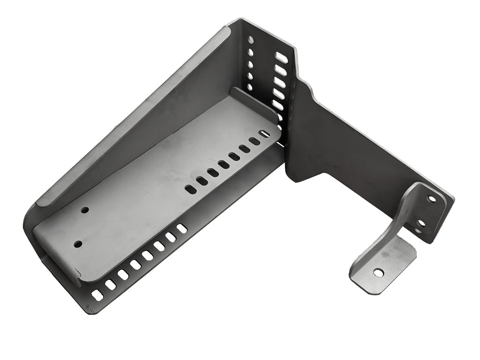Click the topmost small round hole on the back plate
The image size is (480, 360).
pyautogui.click(x=251, y=40)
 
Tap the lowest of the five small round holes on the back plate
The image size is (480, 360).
pyautogui.click(x=249, y=87)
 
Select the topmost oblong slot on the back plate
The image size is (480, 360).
pyautogui.click(x=281, y=58)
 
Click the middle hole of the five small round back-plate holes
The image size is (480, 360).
pyautogui.click(x=250, y=64)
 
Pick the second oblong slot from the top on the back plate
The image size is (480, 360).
pyautogui.click(x=280, y=70)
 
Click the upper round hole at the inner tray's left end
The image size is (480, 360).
pyautogui.click(x=85, y=210)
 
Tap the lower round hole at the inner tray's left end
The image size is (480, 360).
pyautogui.click(x=78, y=244)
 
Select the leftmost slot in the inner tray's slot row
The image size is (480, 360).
pyautogui.click(x=191, y=189)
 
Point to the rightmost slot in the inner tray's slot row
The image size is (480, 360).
pyautogui.click(x=264, y=135)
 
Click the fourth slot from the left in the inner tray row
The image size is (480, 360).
pyautogui.click(x=224, y=165)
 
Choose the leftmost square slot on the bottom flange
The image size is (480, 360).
pyautogui.click(x=97, y=295)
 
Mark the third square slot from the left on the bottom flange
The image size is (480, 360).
pyautogui.click(x=123, y=275)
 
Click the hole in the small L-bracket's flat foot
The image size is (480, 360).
pyautogui.click(x=378, y=272)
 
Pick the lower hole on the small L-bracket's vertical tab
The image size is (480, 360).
pyautogui.click(x=421, y=224)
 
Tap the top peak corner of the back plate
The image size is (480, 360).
pyautogui.click(x=242, y=20)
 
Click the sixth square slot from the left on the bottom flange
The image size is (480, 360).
pyautogui.click(x=159, y=246)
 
